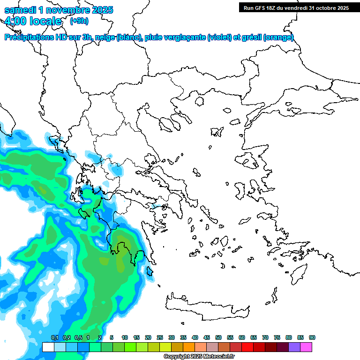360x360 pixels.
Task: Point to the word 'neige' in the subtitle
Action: point(105,37)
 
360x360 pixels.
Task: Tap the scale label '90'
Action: point(312,337)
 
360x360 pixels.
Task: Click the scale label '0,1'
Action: point(54,337)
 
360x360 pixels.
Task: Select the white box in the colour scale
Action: point(48,347)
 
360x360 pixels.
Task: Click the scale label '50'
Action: point(218,337)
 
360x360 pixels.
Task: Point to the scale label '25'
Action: point(160,337)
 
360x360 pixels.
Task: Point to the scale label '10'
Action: point(125,337)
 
